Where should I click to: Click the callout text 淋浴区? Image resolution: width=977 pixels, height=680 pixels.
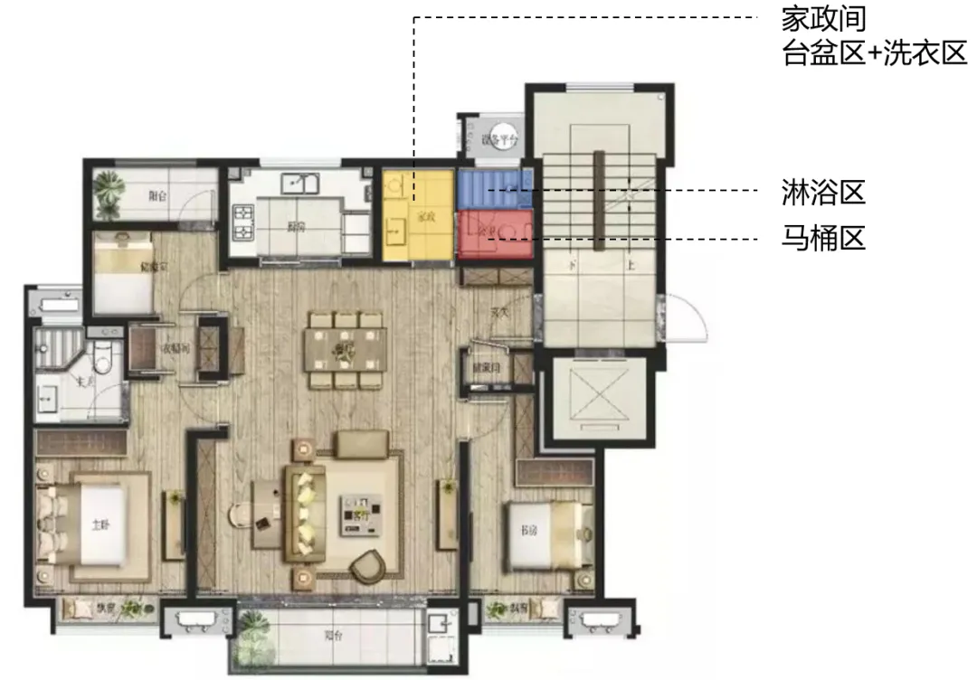823,192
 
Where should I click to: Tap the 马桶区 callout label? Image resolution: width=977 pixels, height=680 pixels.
823,240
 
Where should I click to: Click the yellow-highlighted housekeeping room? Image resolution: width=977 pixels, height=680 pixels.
417,215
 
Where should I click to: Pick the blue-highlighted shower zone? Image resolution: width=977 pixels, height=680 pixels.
494,188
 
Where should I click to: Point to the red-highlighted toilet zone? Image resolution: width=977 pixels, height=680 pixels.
494,234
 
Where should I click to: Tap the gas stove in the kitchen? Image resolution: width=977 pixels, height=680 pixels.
244,222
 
